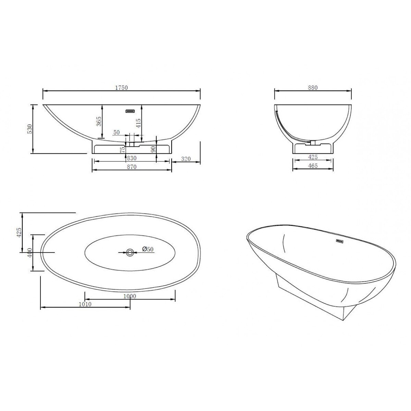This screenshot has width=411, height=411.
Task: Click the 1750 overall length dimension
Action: pyautogui.click(x=121, y=88)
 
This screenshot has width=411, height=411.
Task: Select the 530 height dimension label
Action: pyautogui.click(x=30, y=129)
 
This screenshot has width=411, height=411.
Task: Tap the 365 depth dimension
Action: pyautogui.click(x=99, y=122)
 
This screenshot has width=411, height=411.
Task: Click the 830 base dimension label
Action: pyautogui.click(x=132, y=158)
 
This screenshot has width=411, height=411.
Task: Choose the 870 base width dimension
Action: pyautogui.click(x=132, y=167)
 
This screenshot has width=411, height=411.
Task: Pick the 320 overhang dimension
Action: pyautogui.click(x=185, y=159)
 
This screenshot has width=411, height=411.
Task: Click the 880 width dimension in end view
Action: pyautogui.click(x=313, y=87)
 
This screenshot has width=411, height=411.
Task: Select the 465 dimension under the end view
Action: pyautogui.click(x=313, y=166)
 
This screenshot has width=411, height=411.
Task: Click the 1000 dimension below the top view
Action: pyautogui.click(x=130, y=296)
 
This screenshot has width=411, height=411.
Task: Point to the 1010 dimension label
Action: pyautogui.click(x=85, y=304)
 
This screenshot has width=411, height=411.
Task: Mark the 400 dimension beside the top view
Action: pyautogui.click(x=30, y=253)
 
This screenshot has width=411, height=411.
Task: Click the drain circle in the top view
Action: pyautogui.click(x=130, y=252)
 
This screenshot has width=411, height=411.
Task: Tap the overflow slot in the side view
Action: pyautogui.click(x=131, y=111)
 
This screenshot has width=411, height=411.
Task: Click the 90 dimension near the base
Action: pyautogui.click(x=153, y=149)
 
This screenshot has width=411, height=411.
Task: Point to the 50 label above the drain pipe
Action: pyautogui.click(x=116, y=132)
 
